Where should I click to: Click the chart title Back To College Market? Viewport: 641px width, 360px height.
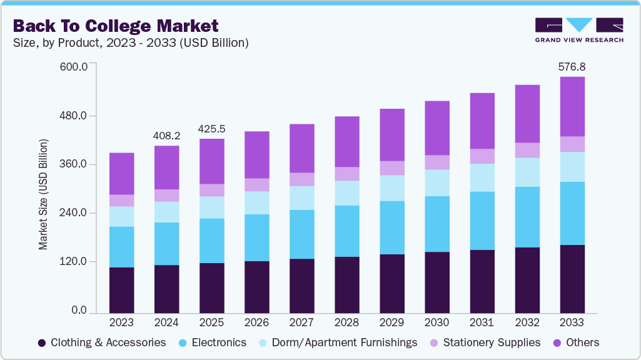point(116,26)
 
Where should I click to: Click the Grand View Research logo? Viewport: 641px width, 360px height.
point(578,30)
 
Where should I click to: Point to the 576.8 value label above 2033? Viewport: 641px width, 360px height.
point(572,66)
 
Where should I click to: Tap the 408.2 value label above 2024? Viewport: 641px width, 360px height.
point(166,136)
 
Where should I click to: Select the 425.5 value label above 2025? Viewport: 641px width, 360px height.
point(211,129)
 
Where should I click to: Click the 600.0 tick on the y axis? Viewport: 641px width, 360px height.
point(74,67)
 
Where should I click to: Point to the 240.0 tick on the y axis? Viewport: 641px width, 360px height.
point(74,213)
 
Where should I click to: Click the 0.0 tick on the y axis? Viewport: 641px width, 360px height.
point(79,311)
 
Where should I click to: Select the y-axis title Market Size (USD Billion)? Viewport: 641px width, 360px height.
point(43,195)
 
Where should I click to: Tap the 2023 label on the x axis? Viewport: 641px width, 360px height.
point(121,322)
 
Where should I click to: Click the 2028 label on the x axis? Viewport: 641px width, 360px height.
point(346,322)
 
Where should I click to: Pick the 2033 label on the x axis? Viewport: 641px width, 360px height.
point(572,322)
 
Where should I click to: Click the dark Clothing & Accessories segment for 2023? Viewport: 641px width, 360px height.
point(121,290)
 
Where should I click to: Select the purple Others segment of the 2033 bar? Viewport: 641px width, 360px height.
point(572,106)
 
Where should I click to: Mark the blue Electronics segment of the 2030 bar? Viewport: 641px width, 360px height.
point(437,224)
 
